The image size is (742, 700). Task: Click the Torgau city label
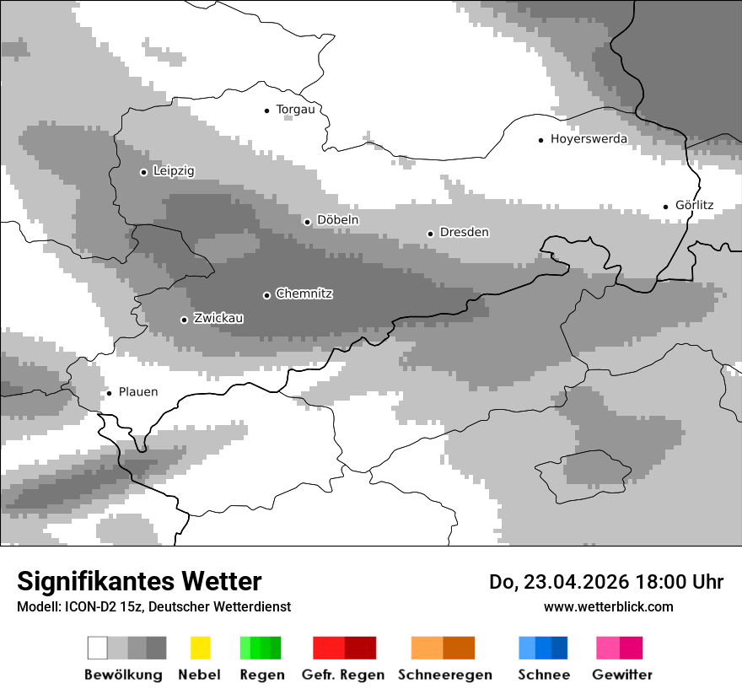coord(295,110)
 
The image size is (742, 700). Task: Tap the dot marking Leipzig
coord(143,172)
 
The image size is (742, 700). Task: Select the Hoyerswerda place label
coord(589,139)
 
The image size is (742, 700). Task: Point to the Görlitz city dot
coord(666,206)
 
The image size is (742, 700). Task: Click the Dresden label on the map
coord(464,233)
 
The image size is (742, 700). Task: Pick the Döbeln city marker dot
coord(307,222)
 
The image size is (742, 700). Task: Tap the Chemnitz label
coord(304,294)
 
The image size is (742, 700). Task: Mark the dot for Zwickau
coord(184,320)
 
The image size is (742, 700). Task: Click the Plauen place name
coord(137,392)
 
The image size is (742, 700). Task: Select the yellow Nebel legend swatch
coord(200,648)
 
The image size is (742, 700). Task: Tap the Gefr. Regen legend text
coord(343,675)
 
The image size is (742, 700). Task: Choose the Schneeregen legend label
coord(444,675)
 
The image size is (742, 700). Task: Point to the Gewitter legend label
coord(622,675)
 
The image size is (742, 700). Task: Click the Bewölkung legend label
coord(123,675)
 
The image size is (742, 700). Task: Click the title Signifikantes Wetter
coord(139,582)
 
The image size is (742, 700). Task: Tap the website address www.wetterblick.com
coord(608,606)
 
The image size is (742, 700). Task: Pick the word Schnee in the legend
coord(544,675)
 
